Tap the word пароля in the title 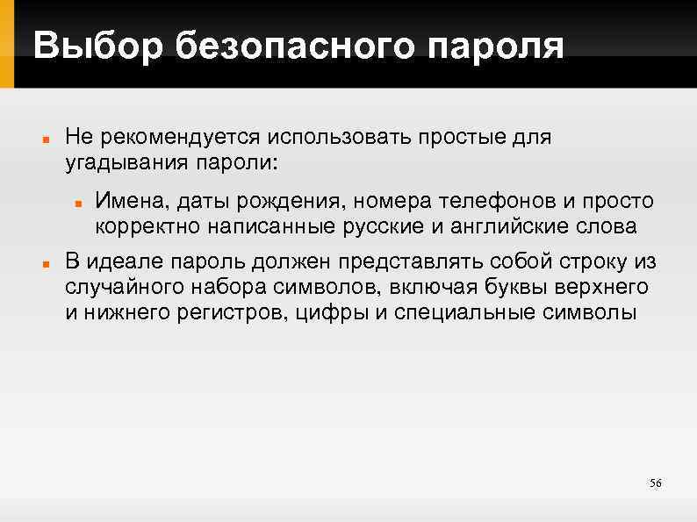(502, 45)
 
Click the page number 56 (655, 483)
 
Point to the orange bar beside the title (7, 44)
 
